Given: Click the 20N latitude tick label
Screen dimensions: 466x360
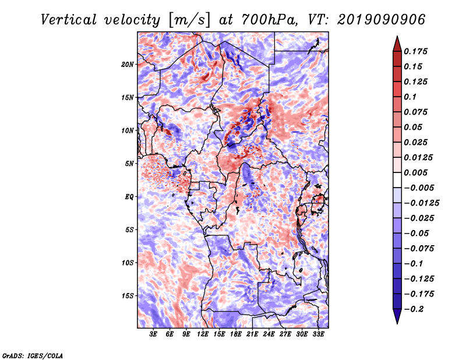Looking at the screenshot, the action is point(128,65).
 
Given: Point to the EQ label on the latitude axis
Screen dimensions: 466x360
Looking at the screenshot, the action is point(129,197).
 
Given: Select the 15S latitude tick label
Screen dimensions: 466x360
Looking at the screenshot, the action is point(128,296).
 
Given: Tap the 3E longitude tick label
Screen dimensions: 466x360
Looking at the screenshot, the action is point(153,334).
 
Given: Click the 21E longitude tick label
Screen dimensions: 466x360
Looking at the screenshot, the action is point(252,334).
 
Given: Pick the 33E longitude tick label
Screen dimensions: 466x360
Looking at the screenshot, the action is point(318,334).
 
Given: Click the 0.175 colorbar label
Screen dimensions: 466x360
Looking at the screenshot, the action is point(415,51).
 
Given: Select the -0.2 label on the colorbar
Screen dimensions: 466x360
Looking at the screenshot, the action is point(414,309).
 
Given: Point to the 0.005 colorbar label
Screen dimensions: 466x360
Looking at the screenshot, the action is point(415,172).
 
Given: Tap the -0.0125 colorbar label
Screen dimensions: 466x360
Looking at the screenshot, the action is point(421,203).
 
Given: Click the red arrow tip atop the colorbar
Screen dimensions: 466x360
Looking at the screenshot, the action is point(397,36).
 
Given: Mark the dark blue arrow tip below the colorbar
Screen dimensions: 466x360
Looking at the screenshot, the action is point(397,323).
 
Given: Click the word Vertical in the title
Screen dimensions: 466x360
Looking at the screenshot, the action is point(69,20).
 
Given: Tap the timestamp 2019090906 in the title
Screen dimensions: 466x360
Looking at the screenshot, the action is point(382,20).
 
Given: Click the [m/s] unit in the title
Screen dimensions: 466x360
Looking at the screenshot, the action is point(190,20).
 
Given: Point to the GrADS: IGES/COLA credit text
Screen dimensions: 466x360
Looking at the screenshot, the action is point(33,355).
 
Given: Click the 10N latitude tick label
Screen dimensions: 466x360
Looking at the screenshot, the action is point(128,130).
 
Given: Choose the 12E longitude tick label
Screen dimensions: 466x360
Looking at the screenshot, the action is point(203,334).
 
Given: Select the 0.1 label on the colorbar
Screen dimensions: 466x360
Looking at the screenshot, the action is point(410,97).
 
